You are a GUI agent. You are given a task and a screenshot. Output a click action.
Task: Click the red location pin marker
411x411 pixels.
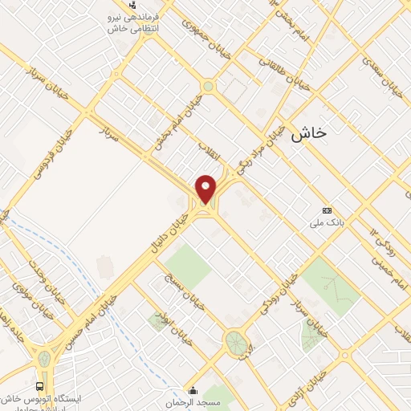[206, 189]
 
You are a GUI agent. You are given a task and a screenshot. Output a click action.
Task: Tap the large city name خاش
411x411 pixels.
[308, 134]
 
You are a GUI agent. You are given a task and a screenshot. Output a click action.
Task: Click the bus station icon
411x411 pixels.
[40, 387]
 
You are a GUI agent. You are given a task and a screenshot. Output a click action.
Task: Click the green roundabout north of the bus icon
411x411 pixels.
[43, 359]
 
